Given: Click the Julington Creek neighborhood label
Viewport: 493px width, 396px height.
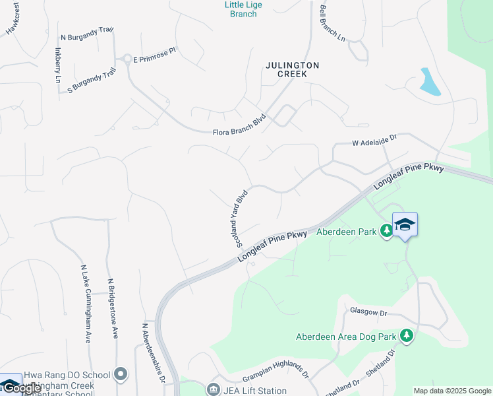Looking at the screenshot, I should tap(292, 69).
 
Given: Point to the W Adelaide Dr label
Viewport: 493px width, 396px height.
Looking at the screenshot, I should tap(375, 141).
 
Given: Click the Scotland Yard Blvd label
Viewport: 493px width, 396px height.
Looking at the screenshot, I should tap(241, 218).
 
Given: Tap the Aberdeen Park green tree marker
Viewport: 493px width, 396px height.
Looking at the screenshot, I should tap(389, 232).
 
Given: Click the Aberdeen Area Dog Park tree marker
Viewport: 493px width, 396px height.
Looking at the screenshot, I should tap(407, 337).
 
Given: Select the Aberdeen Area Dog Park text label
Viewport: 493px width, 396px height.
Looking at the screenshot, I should tap(346, 337).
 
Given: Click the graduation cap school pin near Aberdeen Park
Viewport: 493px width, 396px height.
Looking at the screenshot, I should tap(405, 224).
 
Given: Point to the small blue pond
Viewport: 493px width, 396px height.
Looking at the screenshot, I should tap(429, 81).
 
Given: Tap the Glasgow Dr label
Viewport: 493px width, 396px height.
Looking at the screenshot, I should tap(368, 311).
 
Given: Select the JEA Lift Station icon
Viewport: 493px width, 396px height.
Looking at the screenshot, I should tap(214, 390).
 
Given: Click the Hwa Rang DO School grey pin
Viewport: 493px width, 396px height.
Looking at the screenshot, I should tap(120, 375).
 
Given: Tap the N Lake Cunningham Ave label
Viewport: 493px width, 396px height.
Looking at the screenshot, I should tap(86, 304).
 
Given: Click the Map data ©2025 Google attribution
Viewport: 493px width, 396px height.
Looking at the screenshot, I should tap(452, 391).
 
